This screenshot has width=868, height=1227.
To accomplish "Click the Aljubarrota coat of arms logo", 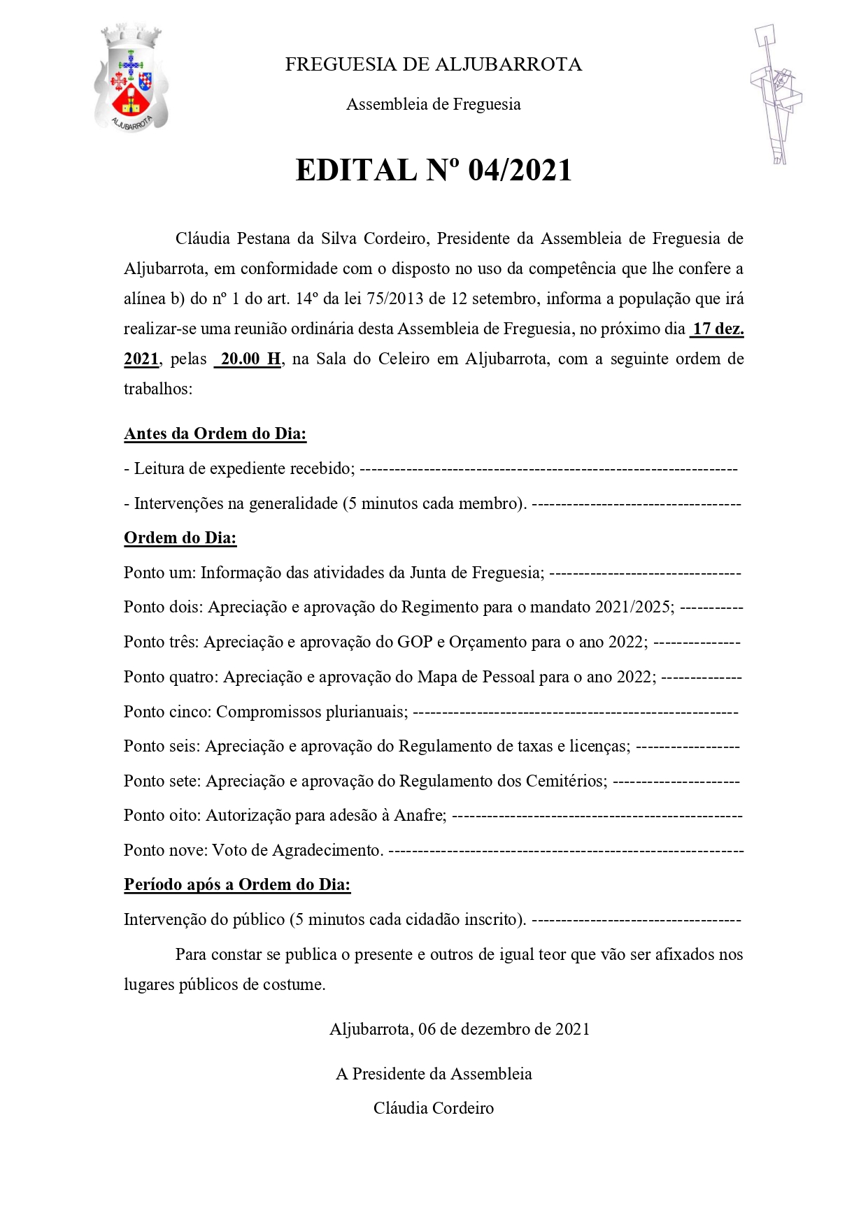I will pos(131,78).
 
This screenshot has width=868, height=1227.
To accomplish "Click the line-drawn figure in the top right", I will pos(776,94).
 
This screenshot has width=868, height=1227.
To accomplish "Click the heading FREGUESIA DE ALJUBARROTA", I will pos(433,65).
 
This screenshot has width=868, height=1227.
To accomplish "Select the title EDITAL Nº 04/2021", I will pos(434,170).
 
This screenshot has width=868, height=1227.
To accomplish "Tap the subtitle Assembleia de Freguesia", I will pos(433,105).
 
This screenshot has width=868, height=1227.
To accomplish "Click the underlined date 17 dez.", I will pos(718,329).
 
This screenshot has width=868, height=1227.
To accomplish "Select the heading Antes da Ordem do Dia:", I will pos(215,434).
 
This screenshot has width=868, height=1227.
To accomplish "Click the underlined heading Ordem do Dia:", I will pos(180,538).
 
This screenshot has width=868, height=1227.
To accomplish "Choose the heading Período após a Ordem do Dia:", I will pos(237,885).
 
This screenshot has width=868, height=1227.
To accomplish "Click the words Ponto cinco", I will pos(166,712).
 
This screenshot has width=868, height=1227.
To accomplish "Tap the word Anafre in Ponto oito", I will pos(419,816).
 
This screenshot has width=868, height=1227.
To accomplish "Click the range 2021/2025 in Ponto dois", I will pos(634,607).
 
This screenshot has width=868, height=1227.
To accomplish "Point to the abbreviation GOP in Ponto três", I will pos(415,642).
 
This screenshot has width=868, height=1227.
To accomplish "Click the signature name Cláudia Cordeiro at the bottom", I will pos(433,1108).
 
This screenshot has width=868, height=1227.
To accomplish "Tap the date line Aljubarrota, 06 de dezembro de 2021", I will pos(460,1029).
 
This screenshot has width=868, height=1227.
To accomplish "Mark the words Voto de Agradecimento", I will pos(297,851).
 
